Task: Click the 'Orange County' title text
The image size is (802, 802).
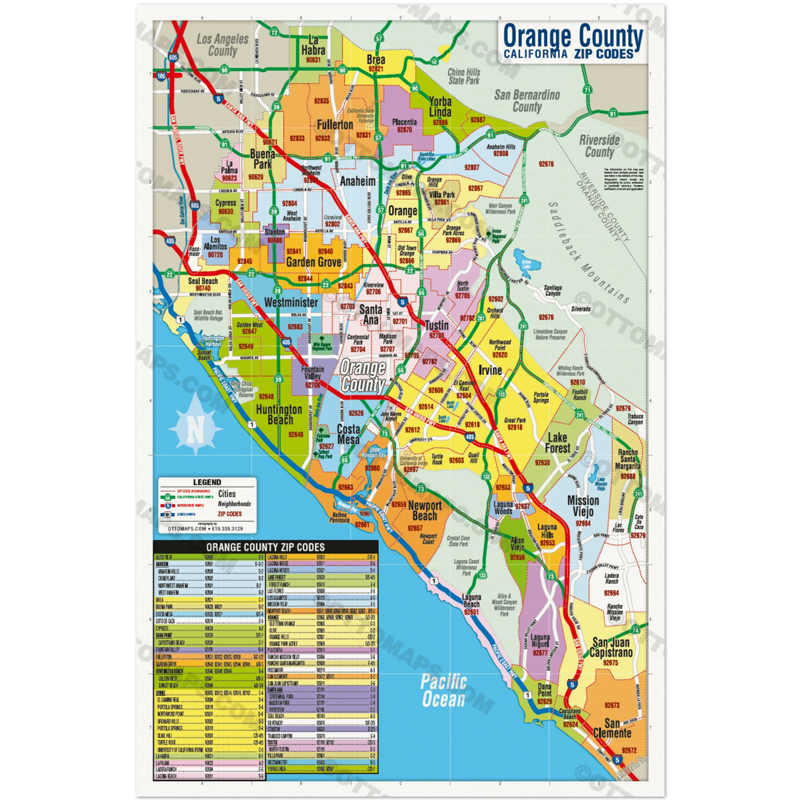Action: [572, 36]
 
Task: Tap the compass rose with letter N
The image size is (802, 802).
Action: [196, 426]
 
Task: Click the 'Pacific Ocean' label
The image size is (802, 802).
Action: [443, 690]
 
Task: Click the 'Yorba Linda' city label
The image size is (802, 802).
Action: [440, 107]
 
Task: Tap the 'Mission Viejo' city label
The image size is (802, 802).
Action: [583, 506]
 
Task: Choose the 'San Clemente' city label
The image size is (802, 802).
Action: [612, 728]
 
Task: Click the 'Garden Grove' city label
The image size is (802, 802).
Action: [313, 263]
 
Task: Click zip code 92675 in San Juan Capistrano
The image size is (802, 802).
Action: [610, 662]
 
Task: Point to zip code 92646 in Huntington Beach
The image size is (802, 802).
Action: [295, 434]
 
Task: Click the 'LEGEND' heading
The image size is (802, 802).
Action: [207, 482]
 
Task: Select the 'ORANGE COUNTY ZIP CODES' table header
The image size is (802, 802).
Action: [265, 547]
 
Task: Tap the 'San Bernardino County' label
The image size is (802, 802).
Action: [527, 101]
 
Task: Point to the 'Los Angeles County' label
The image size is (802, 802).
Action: [223, 45]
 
